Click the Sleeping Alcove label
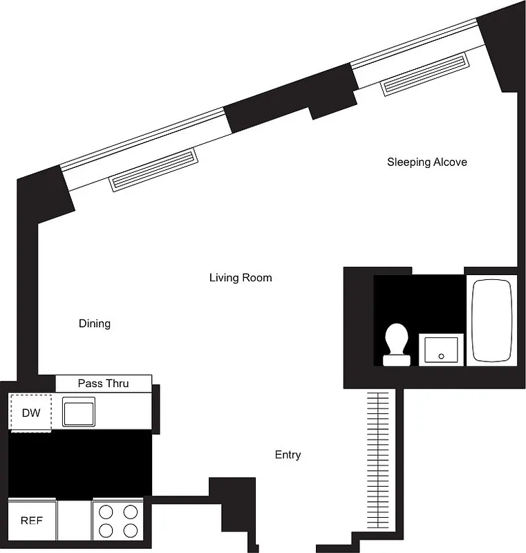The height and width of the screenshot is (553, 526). click(x=426, y=162)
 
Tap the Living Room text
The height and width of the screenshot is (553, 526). click(x=241, y=278)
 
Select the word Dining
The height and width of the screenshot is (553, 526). click(x=95, y=324)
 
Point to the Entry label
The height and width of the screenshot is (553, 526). click(x=288, y=455)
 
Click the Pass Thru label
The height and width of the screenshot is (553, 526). click(x=103, y=383)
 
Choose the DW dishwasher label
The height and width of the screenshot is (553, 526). click(x=31, y=413)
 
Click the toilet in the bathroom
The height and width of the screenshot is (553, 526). click(x=397, y=341)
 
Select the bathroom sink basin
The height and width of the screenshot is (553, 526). click(x=441, y=349)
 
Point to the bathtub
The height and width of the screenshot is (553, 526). click(x=491, y=321)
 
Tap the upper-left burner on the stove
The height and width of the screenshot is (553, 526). click(x=106, y=512)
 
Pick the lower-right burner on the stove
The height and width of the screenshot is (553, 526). click(x=130, y=530)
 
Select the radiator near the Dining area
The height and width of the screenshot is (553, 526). click(x=153, y=169)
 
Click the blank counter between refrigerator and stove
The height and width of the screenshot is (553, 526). click(x=74, y=520)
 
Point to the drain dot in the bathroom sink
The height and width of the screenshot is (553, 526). click(x=441, y=356)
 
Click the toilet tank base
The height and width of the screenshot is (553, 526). click(x=397, y=360)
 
